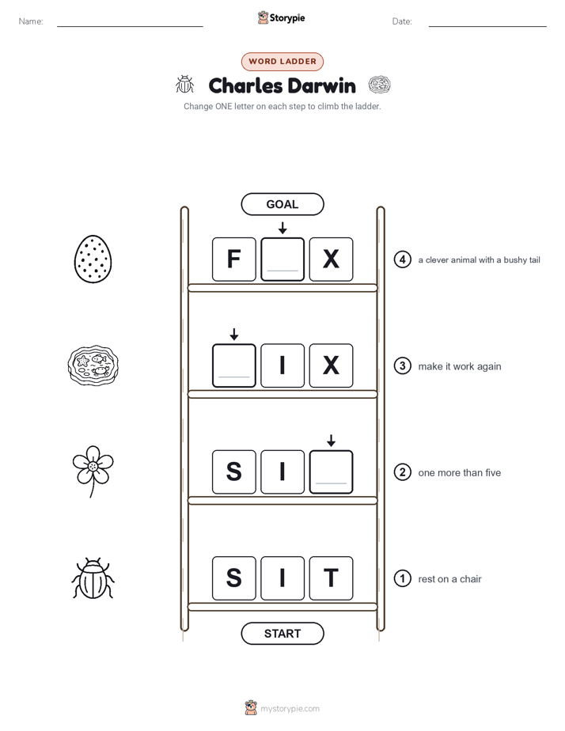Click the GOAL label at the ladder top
coord(282,204)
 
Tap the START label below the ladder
coord(282,634)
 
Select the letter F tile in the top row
coord(234,259)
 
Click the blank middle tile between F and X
coord(282,259)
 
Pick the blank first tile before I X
coord(234,365)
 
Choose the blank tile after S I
coord(331,472)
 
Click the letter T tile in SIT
coord(331,578)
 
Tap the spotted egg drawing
coord(93,259)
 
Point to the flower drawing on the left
coord(93,471)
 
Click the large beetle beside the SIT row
coord(93,578)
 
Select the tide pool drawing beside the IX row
coord(93,365)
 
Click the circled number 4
coord(402,259)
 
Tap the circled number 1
coord(402,578)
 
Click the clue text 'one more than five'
coord(459,473)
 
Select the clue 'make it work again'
coord(460,366)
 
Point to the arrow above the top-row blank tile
coord(282,228)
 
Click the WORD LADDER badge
coord(282,62)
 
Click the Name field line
coord(130,26)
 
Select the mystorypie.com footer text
coord(290,709)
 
